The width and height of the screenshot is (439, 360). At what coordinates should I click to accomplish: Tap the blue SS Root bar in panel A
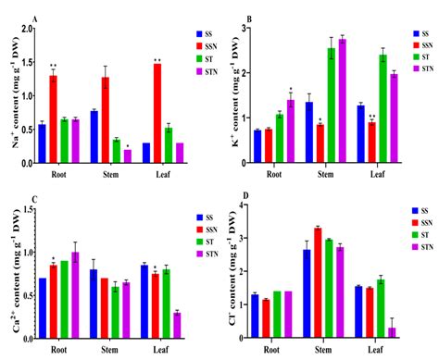pos(42,143)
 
